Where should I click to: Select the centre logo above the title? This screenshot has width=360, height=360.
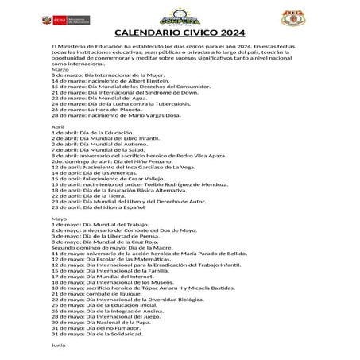click(x=180, y=15)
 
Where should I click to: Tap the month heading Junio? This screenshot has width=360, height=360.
click(x=58, y=346)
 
